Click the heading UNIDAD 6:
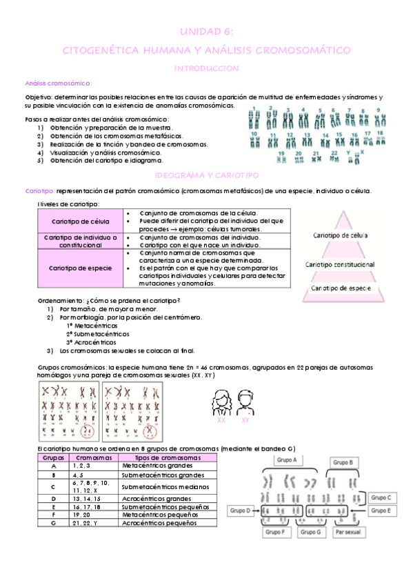(x=206, y=32)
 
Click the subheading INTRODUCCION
(x=206, y=68)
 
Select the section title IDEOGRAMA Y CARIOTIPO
(x=206, y=176)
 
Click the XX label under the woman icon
(x=221, y=420)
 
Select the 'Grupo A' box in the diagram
(x=285, y=459)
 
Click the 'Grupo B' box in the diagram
(x=342, y=463)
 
